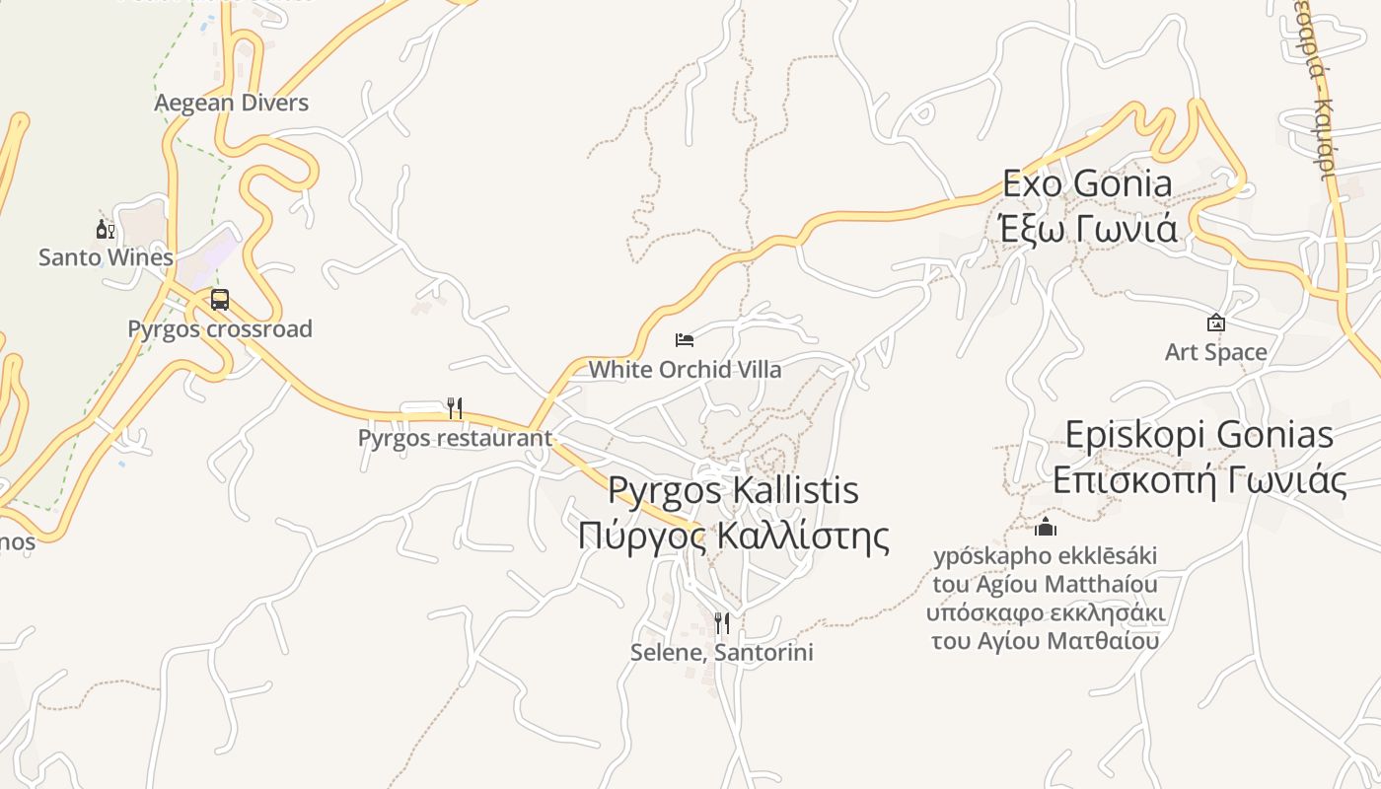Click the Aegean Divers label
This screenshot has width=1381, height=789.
point(231,103)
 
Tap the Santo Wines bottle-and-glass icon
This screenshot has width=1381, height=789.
point(105,230)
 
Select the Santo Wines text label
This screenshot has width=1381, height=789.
point(106,257)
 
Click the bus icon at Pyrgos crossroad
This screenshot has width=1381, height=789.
point(220,300)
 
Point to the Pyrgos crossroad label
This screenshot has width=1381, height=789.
point(220,328)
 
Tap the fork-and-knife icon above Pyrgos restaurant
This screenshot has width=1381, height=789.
point(455,407)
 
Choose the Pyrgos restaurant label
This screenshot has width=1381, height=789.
point(455,437)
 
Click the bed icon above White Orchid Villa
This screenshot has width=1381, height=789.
point(685,340)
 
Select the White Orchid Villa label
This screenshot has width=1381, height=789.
point(685,370)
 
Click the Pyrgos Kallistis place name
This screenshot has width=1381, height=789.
point(733,490)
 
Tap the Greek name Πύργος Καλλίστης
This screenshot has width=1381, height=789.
point(733,537)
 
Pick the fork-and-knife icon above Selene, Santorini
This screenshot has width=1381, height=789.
point(722,622)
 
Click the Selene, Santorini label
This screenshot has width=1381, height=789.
point(722,652)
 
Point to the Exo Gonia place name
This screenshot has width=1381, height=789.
point(1087,183)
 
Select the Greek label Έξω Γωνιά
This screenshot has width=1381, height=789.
point(1087,229)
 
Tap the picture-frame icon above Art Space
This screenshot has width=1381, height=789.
point(1216,323)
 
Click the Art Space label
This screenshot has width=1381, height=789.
point(1216,352)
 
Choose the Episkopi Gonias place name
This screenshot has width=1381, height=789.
point(1199,435)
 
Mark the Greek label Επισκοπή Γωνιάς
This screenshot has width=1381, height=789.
point(1199,481)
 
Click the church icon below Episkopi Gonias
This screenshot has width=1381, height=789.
point(1046,527)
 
